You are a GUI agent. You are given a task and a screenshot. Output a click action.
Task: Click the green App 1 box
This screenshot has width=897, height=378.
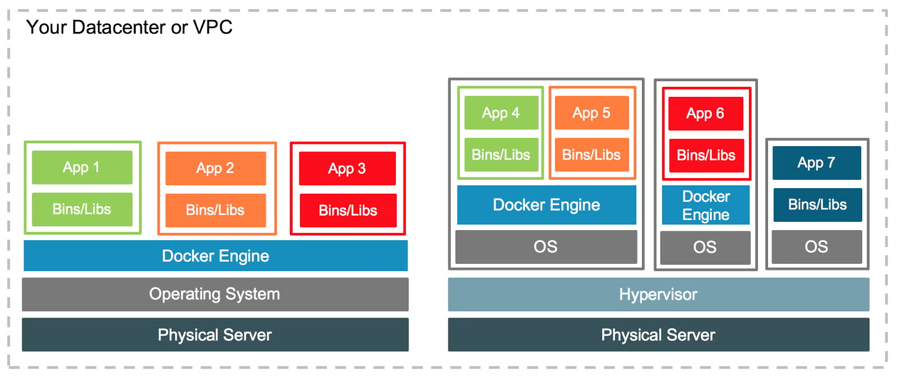click(x=82, y=167)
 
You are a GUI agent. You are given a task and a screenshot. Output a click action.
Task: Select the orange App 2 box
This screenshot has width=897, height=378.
click(x=215, y=168)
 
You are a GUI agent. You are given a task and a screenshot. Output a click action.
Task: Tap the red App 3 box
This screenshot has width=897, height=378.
click(x=347, y=169)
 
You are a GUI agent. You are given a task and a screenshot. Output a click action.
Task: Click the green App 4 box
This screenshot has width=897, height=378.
click(x=501, y=113)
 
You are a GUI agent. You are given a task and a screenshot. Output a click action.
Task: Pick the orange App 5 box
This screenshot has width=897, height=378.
click(x=591, y=113)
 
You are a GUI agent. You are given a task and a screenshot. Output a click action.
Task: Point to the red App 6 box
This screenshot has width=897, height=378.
click(x=705, y=114)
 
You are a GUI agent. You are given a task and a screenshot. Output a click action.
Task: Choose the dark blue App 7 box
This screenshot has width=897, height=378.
click(x=816, y=163)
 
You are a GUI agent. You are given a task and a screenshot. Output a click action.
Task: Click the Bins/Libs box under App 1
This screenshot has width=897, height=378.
click(x=82, y=209)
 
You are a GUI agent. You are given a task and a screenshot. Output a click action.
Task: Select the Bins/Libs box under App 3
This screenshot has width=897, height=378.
click(x=348, y=211)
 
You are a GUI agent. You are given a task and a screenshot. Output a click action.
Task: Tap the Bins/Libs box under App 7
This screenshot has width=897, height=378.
click(x=817, y=205)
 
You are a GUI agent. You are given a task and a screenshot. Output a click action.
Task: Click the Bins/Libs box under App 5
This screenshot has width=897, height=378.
click(x=591, y=155)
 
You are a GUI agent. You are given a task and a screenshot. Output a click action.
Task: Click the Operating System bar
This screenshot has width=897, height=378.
click(x=215, y=294)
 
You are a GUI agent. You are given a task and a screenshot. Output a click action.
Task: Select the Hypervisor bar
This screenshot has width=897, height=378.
click(x=658, y=295)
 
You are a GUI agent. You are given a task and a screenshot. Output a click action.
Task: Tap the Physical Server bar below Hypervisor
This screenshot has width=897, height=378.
click(x=658, y=335)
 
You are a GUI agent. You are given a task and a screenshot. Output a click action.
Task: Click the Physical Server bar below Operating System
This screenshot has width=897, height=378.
click(x=215, y=335)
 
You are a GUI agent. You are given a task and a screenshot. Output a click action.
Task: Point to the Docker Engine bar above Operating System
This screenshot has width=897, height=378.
click(x=215, y=256)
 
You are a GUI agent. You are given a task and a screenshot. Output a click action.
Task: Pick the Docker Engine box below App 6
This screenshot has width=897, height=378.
click(x=706, y=206)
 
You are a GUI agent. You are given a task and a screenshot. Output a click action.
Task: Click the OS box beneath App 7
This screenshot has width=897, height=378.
click(x=816, y=247)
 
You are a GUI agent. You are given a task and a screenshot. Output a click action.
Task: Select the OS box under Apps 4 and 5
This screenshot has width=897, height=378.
click(x=545, y=247)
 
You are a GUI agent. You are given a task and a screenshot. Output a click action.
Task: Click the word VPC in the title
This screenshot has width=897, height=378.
click(x=212, y=27)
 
